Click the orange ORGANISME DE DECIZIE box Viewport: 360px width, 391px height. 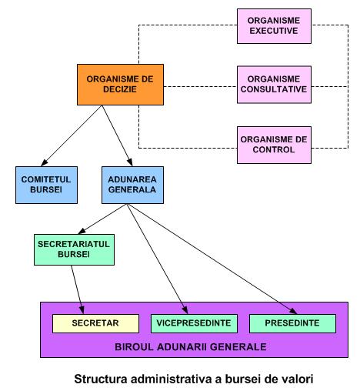click(x=120, y=85)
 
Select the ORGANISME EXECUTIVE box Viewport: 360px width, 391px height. click(x=274, y=26)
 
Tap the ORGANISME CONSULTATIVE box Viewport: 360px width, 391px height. click(x=274, y=85)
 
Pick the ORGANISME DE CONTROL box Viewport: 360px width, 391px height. click(x=274, y=145)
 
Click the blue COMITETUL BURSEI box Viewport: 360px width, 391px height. click(x=46, y=185)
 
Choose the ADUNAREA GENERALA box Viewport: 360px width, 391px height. click(x=132, y=185)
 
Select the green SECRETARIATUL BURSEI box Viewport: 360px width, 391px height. click(x=74, y=249)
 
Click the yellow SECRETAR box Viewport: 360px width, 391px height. click(x=95, y=323)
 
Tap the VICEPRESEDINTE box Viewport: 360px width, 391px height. click(x=194, y=323)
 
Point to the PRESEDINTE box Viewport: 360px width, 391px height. click(x=292, y=323)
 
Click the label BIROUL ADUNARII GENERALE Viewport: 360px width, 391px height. click(x=191, y=347)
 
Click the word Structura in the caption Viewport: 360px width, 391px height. click(x=101, y=379)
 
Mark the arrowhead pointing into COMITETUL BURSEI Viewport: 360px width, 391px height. click(x=44, y=163)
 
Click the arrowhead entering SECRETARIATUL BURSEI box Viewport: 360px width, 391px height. click(x=82, y=231)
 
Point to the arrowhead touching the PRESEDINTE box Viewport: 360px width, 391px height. click(x=294, y=311)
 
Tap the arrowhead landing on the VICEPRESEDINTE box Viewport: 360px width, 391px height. click(x=185, y=310)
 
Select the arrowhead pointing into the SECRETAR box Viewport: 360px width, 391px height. click(x=82, y=310)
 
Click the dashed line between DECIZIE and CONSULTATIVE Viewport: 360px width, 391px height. click(x=200, y=86)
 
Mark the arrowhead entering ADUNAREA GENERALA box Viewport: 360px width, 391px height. click(x=130, y=162)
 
